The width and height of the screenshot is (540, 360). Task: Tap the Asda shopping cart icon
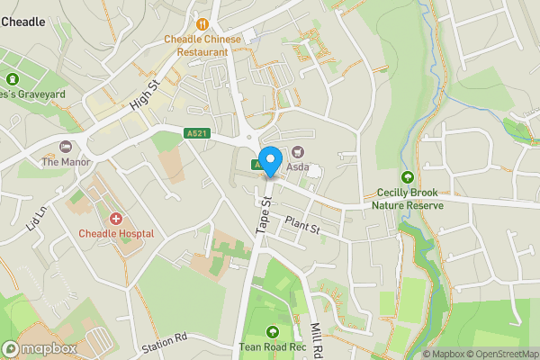(x=297, y=152)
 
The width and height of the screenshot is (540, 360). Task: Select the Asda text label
(x=298, y=167)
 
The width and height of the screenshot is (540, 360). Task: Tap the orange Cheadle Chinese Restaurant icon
(x=202, y=24)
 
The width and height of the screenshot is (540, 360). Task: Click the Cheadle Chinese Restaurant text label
(x=202, y=45)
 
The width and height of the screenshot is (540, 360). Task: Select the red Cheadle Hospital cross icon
(x=115, y=219)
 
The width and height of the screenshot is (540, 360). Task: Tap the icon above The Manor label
(x=65, y=147)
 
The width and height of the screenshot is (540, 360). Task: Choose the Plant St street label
(x=302, y=225)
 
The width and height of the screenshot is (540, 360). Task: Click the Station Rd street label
(x=163, y=342)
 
